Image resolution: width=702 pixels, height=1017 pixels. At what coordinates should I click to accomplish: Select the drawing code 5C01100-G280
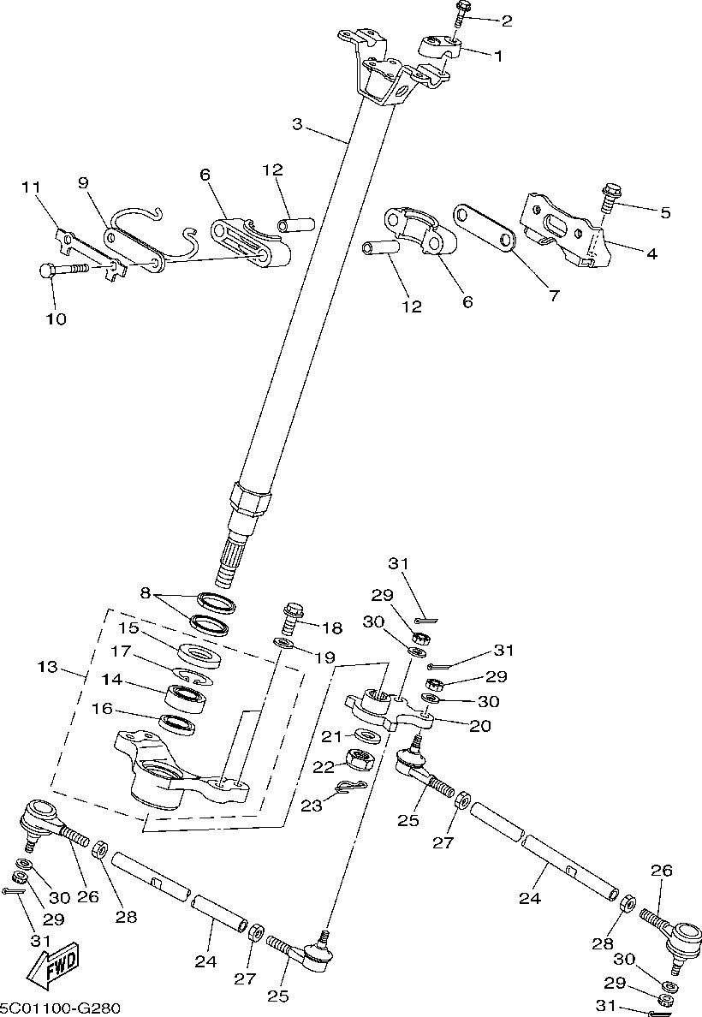point(60,1008)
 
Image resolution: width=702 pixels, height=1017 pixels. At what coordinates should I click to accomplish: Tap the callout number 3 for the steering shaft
point(297,123)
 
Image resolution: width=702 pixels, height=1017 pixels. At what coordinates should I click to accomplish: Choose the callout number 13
point(48,667)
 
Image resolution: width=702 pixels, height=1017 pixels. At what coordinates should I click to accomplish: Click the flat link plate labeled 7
point(485,229)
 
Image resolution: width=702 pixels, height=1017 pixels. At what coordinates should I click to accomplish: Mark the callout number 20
point(480,726)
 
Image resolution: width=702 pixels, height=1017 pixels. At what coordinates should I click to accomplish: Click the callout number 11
point(31,187)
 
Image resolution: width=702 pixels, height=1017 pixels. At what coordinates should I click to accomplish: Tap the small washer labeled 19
point(283,644)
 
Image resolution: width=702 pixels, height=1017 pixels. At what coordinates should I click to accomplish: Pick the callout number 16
point(102,708)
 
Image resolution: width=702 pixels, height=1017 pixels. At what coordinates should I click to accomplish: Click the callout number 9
point(83,182)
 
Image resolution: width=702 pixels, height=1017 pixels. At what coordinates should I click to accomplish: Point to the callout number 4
point(651,253)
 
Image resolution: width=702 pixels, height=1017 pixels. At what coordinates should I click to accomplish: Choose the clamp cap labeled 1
point(440,47)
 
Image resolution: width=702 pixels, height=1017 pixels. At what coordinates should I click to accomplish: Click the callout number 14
point(111,680)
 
